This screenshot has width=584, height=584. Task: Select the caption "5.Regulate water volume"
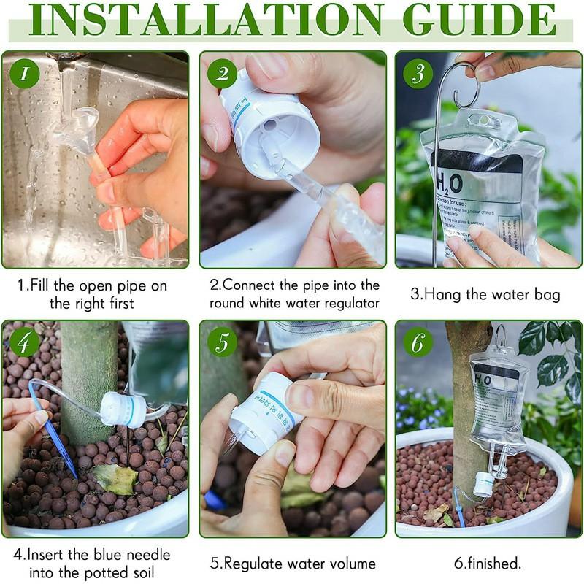coord(293,564)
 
